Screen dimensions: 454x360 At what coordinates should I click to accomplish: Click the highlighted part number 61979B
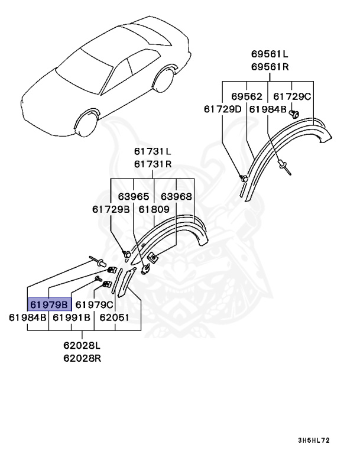pyautogui.click(x=50, y=304)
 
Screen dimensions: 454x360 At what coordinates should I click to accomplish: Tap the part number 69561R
pyautogui.click(x=269, y=66)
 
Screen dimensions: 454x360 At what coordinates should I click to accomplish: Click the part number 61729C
pyautogui.click(x=292, y=96)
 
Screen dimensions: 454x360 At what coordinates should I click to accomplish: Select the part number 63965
pyautogui.click(x=134, y=196)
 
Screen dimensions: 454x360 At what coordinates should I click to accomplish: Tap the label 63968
pyautogui.click(x=176, y=196)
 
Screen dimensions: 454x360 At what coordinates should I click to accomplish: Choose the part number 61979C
pyautogui.click(x=94, y=304)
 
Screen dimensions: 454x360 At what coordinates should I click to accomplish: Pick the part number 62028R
pyautogui.click(x=82, y=358)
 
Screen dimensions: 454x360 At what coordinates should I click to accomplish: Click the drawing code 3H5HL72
pyautogui.click(x=314, y=440)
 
